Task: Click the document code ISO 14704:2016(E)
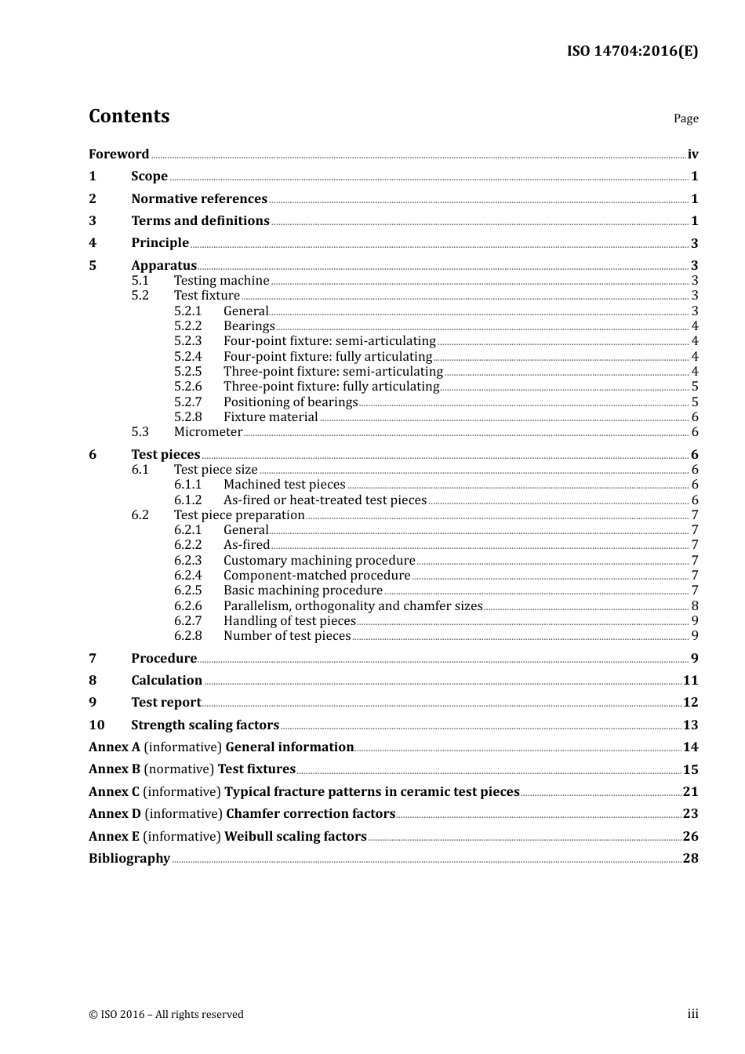pyautogui.click(x=632, y=51)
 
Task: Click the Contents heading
pyautogui.click(x=129, y=116)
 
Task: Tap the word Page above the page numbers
pyautogui.click(x=685, y=118)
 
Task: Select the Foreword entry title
pyautogui.click(x=118, y=154)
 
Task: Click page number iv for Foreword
pyautogui.click(x=692, y=154)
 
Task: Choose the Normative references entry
pyautogui.click(x=199, y=198)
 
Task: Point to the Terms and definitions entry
pyautogui.click(x=200, y=220)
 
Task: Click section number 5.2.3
pyautogui.click(x=187, y=340)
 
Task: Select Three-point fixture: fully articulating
pyautogui.click(x=331, y=386)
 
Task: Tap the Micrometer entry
pyautogui.click(x=208, y=431)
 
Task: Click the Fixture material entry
pyautogui.click(x=271, y=416)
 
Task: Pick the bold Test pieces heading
pyautogui.click(x=165, y=454)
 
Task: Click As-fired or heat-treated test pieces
pyautogui.click(x=325, y=500)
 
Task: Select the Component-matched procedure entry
pyautogui.click(x=317, y=575)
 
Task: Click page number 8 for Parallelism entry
pyautogui.click(x=695, y=605)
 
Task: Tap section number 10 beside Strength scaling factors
pyautogui.click(x=96, y=725)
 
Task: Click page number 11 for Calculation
pyautogui.click(x=690, y=680)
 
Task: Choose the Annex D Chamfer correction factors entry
pyautogui.click(x=242, y=813)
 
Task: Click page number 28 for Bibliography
pyautogui.click(x=690, y=858)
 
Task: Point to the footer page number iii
pyautogui.click(x=692, y=1014)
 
